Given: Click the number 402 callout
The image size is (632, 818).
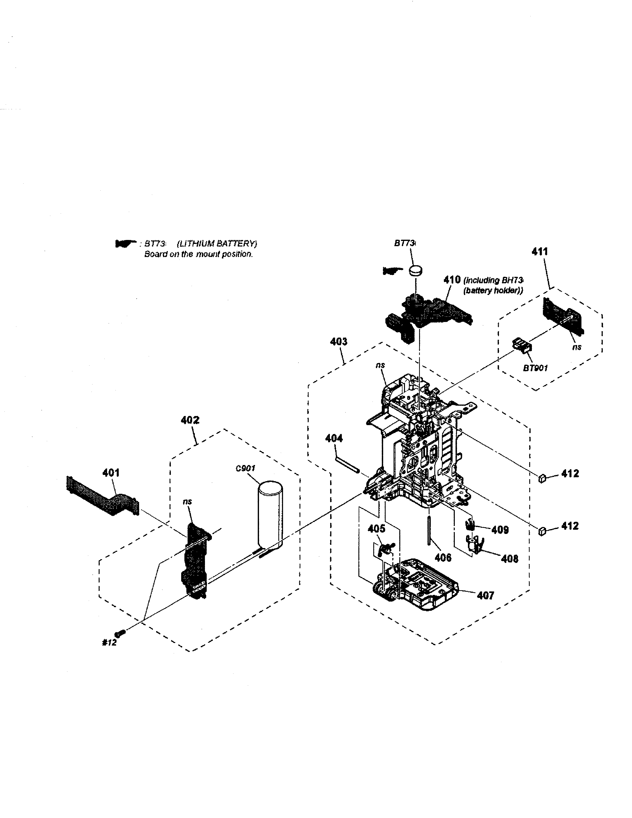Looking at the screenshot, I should click(190, 420).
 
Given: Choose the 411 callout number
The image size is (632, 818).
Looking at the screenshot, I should click(540, 251).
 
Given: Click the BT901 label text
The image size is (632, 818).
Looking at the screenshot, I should click(535, 368).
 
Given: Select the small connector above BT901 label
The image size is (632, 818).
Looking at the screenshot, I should click(521, 344).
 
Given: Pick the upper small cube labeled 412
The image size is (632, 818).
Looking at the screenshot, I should click(542, 478).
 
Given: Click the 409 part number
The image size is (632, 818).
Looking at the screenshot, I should click(500, 530).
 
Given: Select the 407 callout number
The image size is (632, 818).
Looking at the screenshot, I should click(485, 595).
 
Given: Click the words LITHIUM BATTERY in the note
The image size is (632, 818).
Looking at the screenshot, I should click(217, 244).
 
